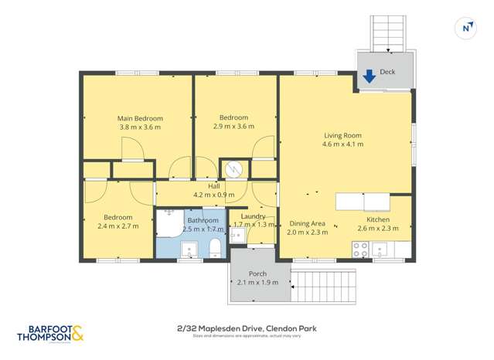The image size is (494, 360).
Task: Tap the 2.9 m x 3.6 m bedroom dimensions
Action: coord(233,127)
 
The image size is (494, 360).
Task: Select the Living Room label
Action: coord(342,135)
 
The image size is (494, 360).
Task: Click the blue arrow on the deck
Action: coord(369,76)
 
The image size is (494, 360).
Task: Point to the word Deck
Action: coord(387,71)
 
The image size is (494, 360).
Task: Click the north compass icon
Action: coord(466,28)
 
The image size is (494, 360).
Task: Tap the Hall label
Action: coord(213,186)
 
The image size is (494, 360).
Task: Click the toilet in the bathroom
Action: coord(216,247)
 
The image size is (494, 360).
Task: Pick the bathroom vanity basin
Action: coord(189,249)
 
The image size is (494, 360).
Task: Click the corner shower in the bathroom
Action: coord(168,219)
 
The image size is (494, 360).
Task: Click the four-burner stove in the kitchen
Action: coord(360,249)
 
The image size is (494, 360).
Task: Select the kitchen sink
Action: coord(381,249)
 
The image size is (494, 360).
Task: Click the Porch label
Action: coord(257,274)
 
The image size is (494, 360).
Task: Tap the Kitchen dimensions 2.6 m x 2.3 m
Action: coord(377,228)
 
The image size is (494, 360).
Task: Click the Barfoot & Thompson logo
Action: coord(49,334)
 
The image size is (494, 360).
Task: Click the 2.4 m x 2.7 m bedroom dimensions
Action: coord(118,227)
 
